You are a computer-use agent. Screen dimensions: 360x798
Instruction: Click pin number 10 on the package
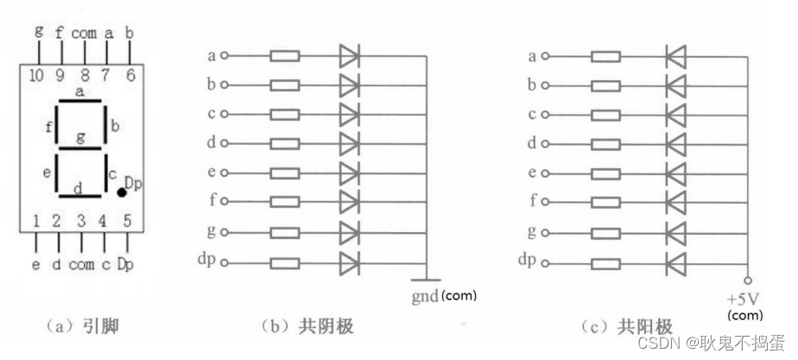tap(36, 75)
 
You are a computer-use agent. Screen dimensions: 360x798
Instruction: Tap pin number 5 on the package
tap(127, 222)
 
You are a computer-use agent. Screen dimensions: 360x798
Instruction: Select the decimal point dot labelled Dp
tap(122, 193)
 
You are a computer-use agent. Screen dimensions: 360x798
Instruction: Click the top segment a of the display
tap(80, 102)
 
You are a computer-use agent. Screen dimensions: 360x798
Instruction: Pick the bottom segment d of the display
tap(80, 196)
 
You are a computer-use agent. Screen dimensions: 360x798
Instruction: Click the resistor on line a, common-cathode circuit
tap(285, 56)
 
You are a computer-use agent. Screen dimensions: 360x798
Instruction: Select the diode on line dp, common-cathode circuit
tap(349, 261)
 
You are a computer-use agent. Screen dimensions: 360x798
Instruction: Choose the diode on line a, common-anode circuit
tap(675, 56)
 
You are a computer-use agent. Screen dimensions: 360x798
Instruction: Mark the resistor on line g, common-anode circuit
tap(605, 231)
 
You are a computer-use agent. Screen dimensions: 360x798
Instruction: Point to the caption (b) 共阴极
tap(307, 326)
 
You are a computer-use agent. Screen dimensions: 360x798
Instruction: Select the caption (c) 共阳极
tap(627, 326)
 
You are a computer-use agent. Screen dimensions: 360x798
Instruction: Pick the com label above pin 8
tap(84, 32)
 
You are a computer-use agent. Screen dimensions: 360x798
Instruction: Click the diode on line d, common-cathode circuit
tap(349, 143)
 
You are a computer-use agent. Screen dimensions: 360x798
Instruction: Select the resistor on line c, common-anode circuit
tap(605, 114)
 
